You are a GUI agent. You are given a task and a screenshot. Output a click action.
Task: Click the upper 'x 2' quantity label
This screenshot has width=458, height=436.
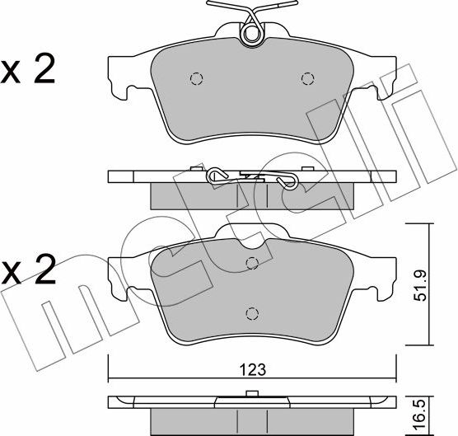(29, 71)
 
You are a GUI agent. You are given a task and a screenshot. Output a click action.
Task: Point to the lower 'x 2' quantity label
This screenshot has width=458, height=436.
(29, 270)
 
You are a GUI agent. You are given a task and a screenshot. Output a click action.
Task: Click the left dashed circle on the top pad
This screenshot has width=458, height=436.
(196, 79)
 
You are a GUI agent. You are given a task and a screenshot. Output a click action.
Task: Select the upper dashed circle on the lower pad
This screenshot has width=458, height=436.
(252, 263)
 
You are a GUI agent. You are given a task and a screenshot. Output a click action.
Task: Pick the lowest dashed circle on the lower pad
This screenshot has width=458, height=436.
(251, 313)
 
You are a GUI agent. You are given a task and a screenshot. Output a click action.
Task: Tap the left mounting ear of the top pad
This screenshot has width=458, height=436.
(120, 77)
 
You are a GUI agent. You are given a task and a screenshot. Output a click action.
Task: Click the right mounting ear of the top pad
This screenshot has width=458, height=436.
(384, 77)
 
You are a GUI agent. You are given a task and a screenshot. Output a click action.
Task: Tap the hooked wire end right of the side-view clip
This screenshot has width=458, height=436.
(287, 180)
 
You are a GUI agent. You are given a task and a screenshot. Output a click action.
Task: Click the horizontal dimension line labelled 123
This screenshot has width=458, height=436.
(165, 377)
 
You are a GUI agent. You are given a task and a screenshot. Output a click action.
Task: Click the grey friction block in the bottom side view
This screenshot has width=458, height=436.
(251, 418)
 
